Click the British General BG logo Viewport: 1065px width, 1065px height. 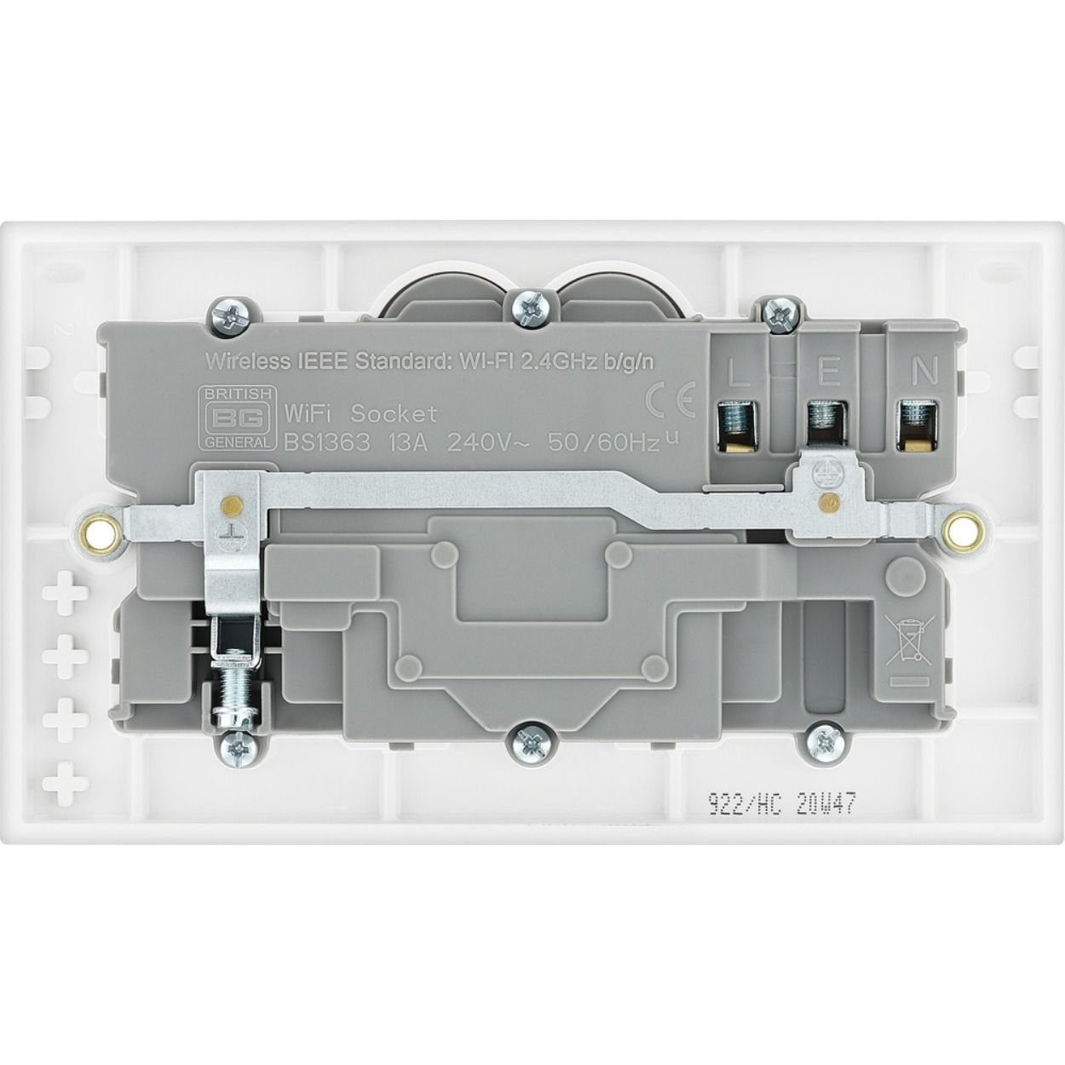click(x=235, y=417)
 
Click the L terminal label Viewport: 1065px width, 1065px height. click(x=739, y=372)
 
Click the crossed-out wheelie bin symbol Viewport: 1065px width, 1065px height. click(x=906, y=642)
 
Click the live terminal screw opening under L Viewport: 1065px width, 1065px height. click(x=735, y=424)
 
